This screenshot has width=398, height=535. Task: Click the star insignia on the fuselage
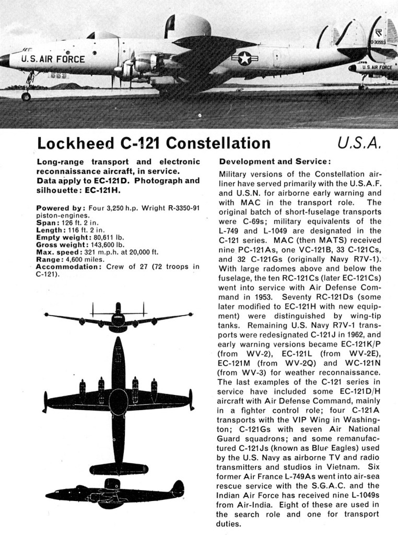pos(244,59)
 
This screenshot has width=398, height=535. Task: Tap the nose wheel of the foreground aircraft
pos(26,96)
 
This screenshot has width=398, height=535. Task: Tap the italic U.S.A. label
pos(361,143)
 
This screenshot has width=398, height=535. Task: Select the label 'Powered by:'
pos(57,208)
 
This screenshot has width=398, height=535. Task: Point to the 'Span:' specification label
pos(47,223)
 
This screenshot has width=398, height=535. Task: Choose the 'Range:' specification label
pos(50,259)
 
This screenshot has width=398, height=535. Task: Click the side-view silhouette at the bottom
pos(115,492)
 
